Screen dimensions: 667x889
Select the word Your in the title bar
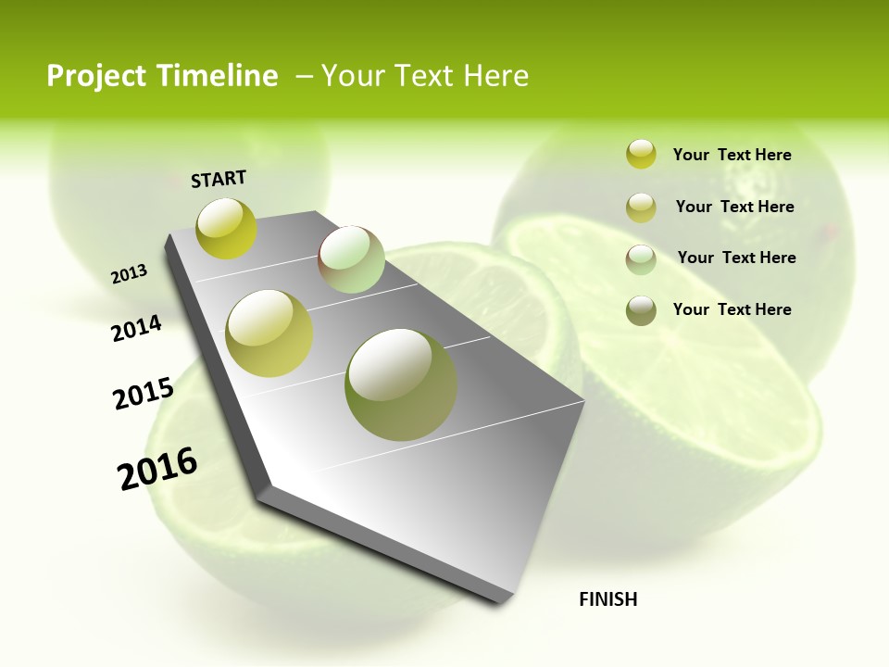tap(354, 76)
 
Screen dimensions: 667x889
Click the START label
tap(219, 179)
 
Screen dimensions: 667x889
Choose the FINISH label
tap(607, 599)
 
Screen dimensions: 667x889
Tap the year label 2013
tap(129, 274)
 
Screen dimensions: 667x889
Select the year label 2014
tap(136, 328)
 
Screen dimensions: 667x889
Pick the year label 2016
tap(157, 468)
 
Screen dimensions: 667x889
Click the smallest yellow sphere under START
tap(227, 228)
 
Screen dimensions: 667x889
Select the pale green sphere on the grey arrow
tap(351, 258)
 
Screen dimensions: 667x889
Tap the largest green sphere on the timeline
tap(401, 384)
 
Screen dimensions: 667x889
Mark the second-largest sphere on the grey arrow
tap(269, 333)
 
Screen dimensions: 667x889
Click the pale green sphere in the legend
tap(641, 259)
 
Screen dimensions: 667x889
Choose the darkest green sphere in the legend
tap(641, 310)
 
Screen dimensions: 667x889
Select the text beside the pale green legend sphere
tap(736, 258)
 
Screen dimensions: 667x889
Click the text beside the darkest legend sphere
tap(732, 309)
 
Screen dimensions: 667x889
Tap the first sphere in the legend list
tap(641, 154)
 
